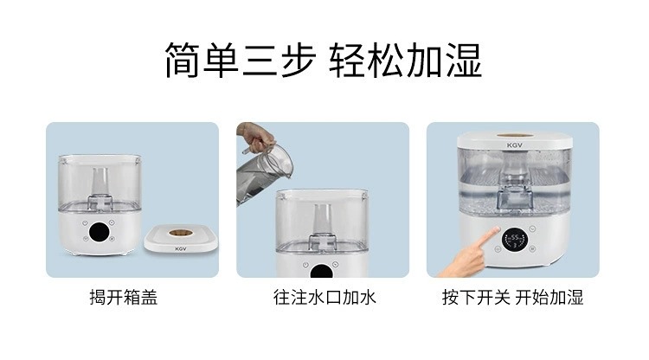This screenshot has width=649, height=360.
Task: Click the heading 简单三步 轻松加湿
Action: point(324,61)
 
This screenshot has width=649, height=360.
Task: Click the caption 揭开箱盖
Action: point(124,297)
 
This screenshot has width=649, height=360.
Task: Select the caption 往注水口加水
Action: point(324,297)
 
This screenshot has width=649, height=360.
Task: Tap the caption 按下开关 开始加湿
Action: point(512,297)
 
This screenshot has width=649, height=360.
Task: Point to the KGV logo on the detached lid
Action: point(181,248)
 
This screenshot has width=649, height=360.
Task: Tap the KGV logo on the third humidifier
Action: point(515,145)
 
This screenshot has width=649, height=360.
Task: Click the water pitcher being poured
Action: point(264,173)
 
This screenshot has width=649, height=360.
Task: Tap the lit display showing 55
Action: point(515,241)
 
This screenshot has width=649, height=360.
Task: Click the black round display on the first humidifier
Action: point(99,232)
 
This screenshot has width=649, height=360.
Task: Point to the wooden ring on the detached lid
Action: point(181,233)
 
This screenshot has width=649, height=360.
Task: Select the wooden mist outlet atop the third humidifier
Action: point(515,135)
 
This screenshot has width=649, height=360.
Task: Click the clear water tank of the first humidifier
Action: point(100,183)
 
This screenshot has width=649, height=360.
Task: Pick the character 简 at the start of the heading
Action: point(183,61)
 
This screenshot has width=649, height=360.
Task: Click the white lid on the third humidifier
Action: point(515,141)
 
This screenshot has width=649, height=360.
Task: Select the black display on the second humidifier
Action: point(322,272)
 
